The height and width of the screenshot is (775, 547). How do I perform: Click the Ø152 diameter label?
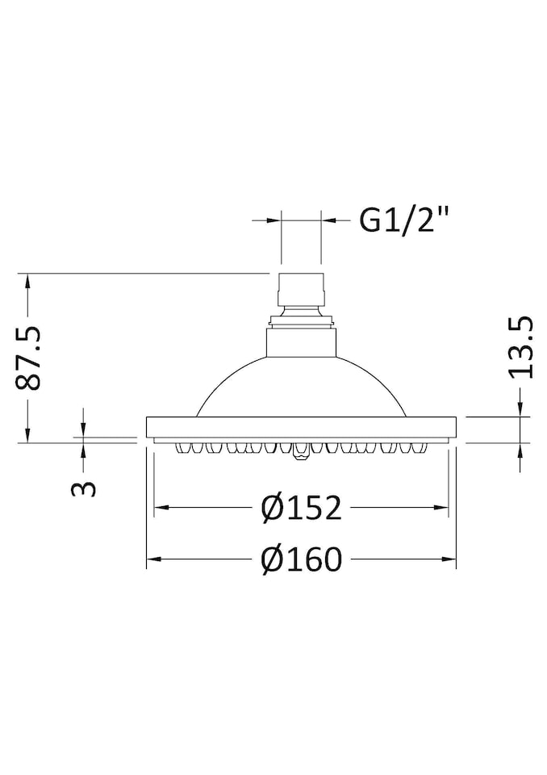[x=302, y=508]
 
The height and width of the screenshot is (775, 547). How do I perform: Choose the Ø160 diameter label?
[x=302, y=559]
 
